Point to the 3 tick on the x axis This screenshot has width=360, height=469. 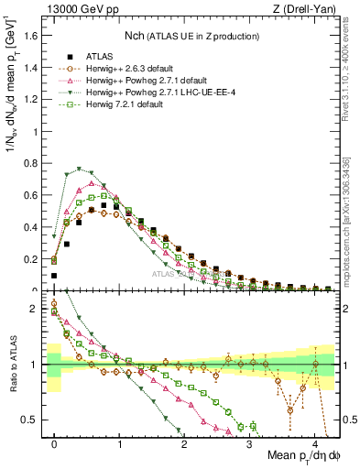coord(250,442)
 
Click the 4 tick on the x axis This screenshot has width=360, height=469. coord(315,442)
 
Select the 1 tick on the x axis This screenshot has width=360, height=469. coord(119,442)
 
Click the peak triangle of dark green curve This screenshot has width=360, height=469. coord(80,169)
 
